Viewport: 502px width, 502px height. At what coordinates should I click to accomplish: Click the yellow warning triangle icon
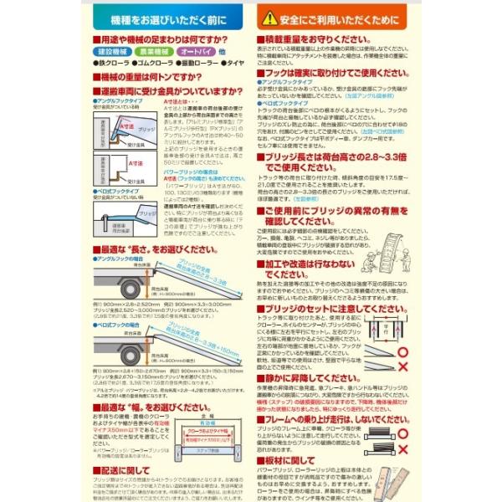pyautogui.click(x=269, y=17)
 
